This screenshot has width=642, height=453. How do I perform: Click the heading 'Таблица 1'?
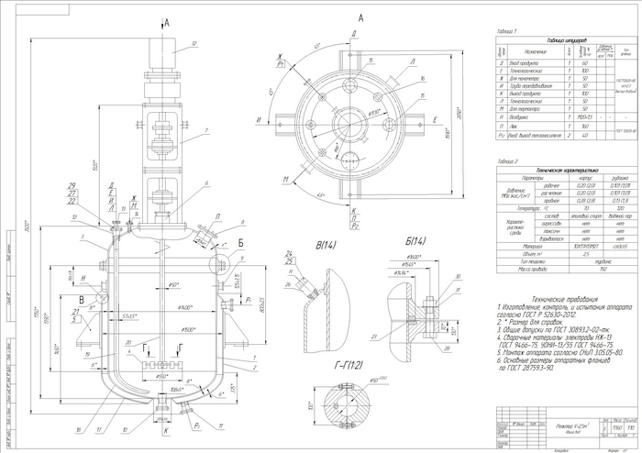pyautogui.click(x=502, y=32)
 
